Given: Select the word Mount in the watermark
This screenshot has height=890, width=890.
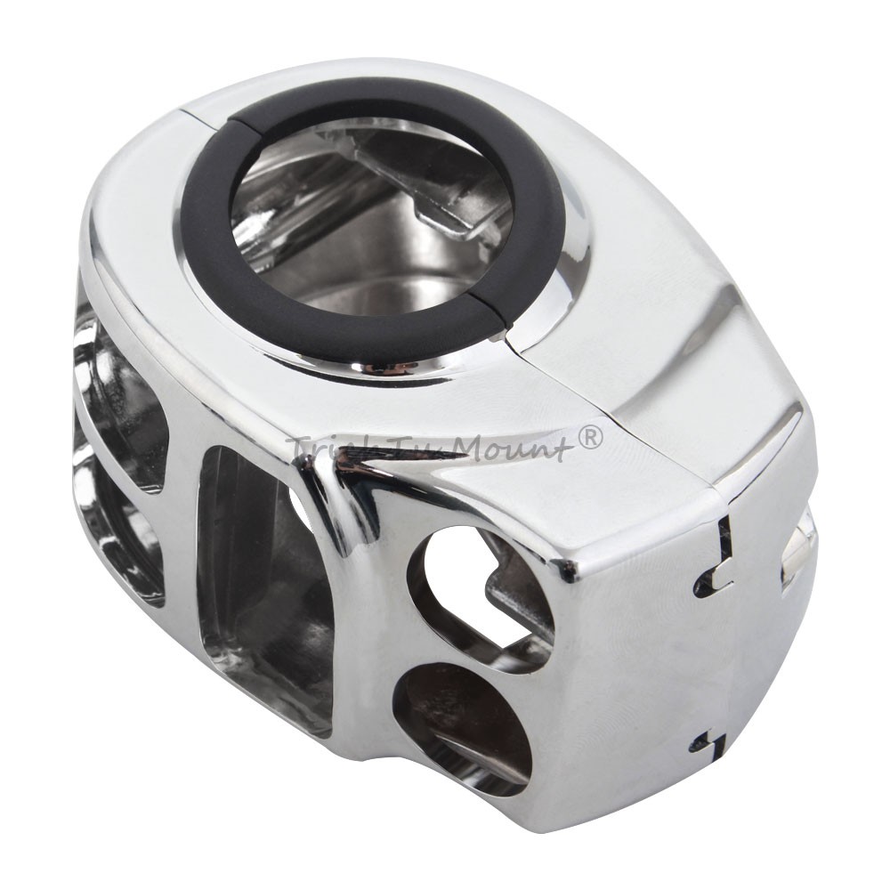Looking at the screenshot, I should (x=520, y=443).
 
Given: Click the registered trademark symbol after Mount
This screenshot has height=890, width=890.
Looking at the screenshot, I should (x=590, y=437).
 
